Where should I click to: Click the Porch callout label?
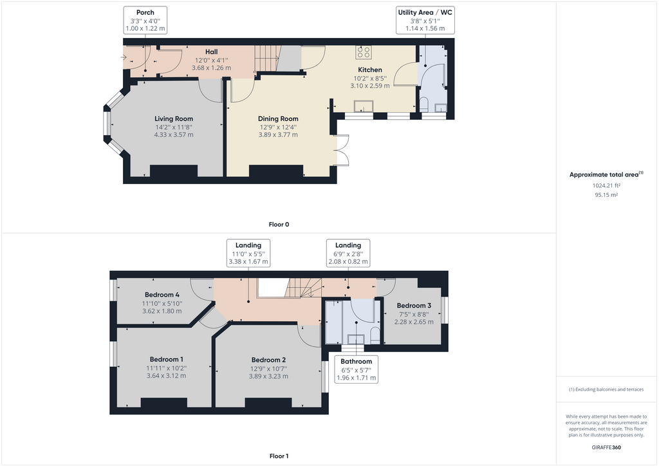145,20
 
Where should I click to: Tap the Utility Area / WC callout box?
426,20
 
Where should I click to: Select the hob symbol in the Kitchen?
364,53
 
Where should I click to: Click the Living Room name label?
174,118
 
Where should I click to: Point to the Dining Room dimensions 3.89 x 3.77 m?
278,135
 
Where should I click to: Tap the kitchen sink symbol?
364,107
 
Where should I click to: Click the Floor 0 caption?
279,225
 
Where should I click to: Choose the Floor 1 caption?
279,456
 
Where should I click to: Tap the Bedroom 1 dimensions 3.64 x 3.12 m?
166,376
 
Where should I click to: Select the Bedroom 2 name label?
268,360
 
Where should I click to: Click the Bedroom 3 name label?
413,305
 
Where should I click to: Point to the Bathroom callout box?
356,369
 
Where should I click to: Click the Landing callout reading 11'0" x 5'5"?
248,253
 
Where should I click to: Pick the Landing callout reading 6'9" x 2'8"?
348,253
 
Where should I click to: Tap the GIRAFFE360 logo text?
606,447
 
